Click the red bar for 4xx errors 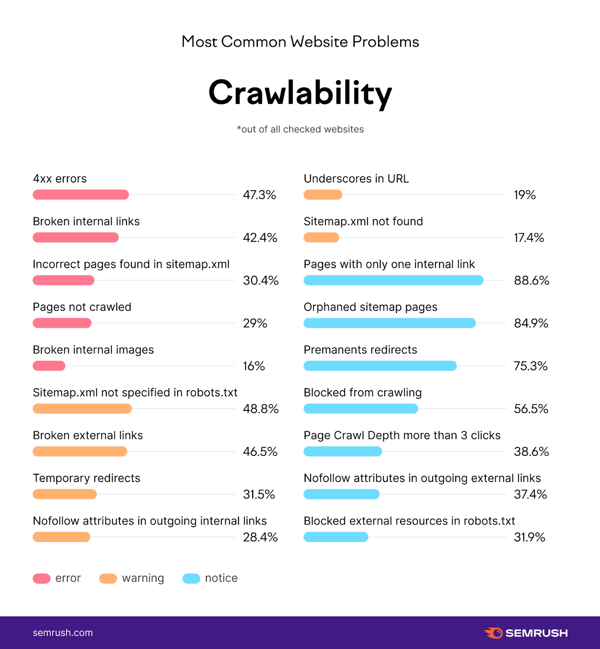point(81,195)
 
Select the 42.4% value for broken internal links point(260,238)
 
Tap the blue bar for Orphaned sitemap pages point(389,323)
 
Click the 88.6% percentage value point(531,280)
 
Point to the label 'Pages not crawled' point(82,307)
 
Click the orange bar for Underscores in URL point(323,195)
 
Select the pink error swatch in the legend point(42,578)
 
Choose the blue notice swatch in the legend point(191,578)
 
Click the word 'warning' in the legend point(143,578)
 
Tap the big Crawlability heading point(300,93)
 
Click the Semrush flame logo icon point(493,633)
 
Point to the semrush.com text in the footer point(63,633)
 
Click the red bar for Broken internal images point(49,366)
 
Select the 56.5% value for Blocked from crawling point(531,409)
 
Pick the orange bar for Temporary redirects point(65,494)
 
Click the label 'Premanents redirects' point(360,350)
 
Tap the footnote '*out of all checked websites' point(300,129)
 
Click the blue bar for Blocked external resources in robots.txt point(336,537)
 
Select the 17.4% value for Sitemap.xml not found point(529,238)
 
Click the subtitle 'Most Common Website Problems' point(300,42)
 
